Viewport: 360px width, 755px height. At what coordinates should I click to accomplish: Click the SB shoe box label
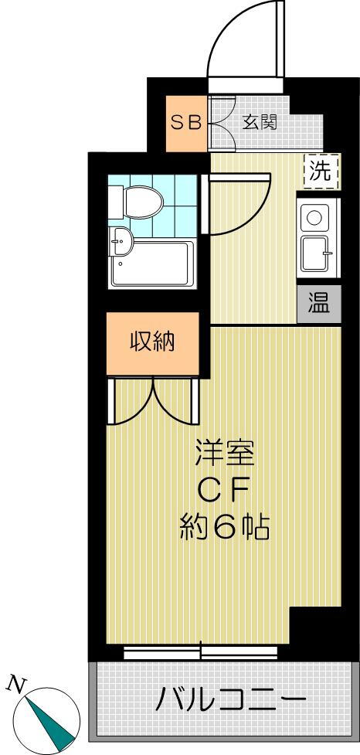coord(186,122)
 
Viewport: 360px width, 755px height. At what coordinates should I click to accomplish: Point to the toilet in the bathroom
coord(137,202)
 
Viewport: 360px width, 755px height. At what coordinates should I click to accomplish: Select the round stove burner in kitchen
coord(315,218)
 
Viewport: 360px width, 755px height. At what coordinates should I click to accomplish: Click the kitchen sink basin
coord(316,250)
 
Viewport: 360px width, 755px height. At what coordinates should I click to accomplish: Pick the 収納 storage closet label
coord(152,341)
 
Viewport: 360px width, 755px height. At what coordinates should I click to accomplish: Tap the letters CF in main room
coord(224,490)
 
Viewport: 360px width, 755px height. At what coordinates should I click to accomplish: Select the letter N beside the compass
coord(15,682)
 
